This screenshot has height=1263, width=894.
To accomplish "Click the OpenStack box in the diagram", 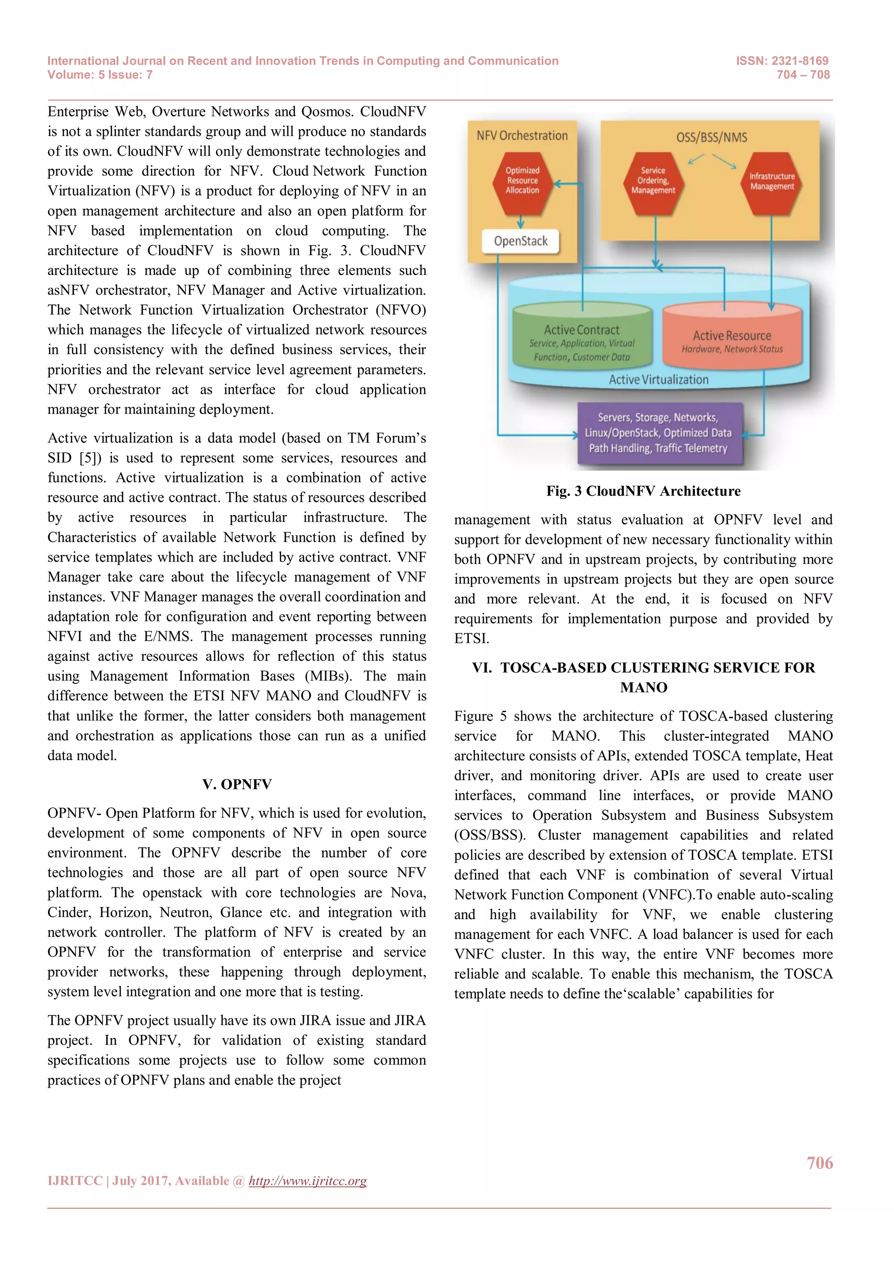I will [520, 241].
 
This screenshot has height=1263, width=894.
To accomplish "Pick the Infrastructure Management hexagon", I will [772, 181].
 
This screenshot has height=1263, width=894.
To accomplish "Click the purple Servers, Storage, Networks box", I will [659, 433].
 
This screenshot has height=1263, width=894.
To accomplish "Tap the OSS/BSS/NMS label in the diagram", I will [711, 137].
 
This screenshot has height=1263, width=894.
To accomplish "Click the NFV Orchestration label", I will [522, 135].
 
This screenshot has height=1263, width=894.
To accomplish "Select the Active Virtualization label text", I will [658, 379].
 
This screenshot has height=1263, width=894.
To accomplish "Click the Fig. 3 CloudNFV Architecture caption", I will [643, 491].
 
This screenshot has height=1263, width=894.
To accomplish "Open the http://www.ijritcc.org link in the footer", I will [307, 1181].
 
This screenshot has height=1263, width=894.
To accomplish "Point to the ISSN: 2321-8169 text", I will [782, 61].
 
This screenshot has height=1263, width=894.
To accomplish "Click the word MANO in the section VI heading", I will [643, 688].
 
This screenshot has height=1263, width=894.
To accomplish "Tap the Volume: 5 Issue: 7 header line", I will [100, 75].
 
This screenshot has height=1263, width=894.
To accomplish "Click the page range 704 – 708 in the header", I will [803, 75].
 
